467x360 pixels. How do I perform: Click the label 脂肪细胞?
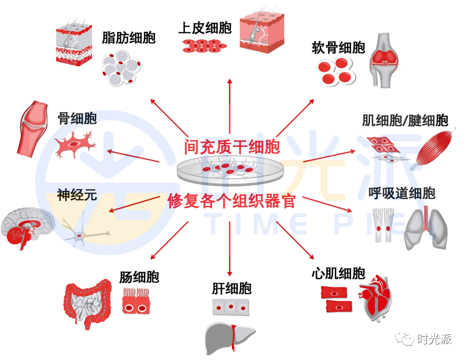point(128,38)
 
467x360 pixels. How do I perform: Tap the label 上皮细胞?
point(205,28)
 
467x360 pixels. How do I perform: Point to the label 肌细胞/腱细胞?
point(405,121)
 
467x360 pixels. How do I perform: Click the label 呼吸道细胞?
point(402,193)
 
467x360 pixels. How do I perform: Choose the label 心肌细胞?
point(338,273)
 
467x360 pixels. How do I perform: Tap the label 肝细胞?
point(232,288)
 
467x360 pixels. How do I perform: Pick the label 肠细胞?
point(139,277)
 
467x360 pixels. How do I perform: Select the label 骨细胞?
point(77,119)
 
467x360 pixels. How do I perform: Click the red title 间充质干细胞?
point(232,147)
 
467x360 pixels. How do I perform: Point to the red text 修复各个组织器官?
point(232,201)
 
